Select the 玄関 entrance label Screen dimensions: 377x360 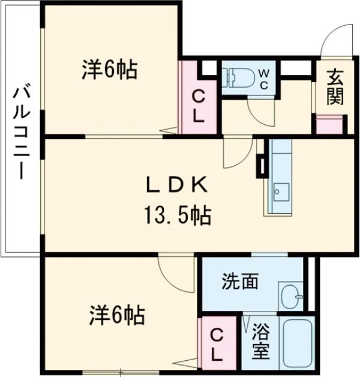pos(335,86)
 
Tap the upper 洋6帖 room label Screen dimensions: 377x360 pos(110,71)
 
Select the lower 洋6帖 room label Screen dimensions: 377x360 pos(117,313)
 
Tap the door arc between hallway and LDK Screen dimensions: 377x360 pos(236,154)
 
